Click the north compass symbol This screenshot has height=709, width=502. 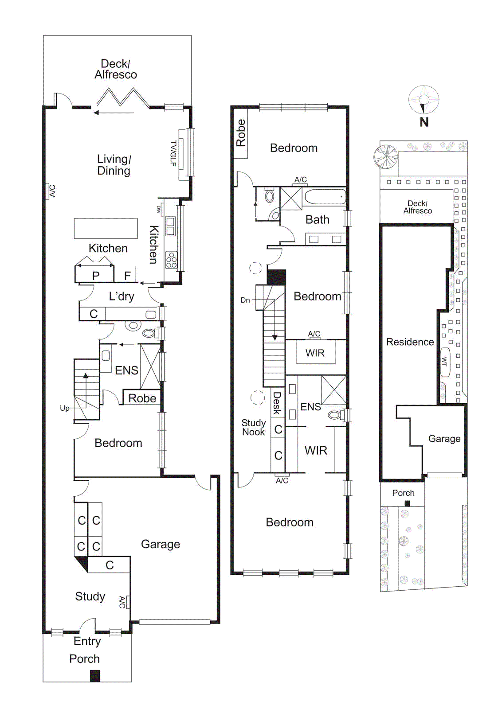click(424, 101)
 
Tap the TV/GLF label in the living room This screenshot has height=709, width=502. click(173, 153)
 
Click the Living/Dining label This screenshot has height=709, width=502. click(114, 165)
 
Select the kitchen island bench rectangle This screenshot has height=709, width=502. click(106, 228)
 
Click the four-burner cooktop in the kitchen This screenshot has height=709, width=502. click(171, 260)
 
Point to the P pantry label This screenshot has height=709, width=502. click(96, 276)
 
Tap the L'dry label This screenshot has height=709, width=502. click(122, 296)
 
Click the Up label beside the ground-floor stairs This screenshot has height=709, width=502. click(65, 408)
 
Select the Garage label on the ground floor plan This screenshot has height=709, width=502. click(161, 544)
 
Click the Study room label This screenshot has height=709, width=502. click(90, 596)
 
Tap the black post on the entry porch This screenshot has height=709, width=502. click(95, 675)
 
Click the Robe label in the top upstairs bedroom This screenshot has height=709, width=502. click(241, 132)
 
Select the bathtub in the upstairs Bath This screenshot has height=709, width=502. click(325, 197)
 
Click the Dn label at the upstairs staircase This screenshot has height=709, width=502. click(245, 300)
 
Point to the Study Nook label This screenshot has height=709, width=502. click(253, 428)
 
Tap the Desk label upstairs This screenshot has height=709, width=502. click(277, 403)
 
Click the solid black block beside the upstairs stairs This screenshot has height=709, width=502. click(276, 277)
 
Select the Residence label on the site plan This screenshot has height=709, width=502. click(410, 342)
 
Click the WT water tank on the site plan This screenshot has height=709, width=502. click(445, 362)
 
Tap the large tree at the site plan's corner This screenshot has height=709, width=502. click(385, 156)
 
